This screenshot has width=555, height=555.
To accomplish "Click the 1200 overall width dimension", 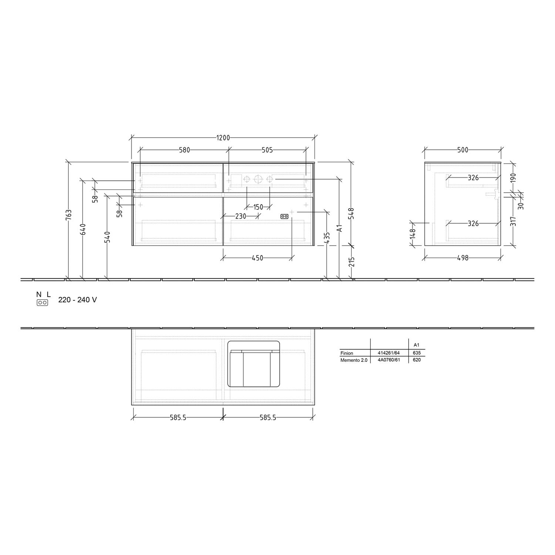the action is [x=223, y=138].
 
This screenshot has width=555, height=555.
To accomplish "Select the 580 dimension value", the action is [x=184, y=150].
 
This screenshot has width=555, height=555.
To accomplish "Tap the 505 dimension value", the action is [x=267, y=150].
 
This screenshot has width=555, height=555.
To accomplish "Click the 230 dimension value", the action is [x=240, y=216].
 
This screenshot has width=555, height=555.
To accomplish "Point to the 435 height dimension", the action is [x=327, y=238].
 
